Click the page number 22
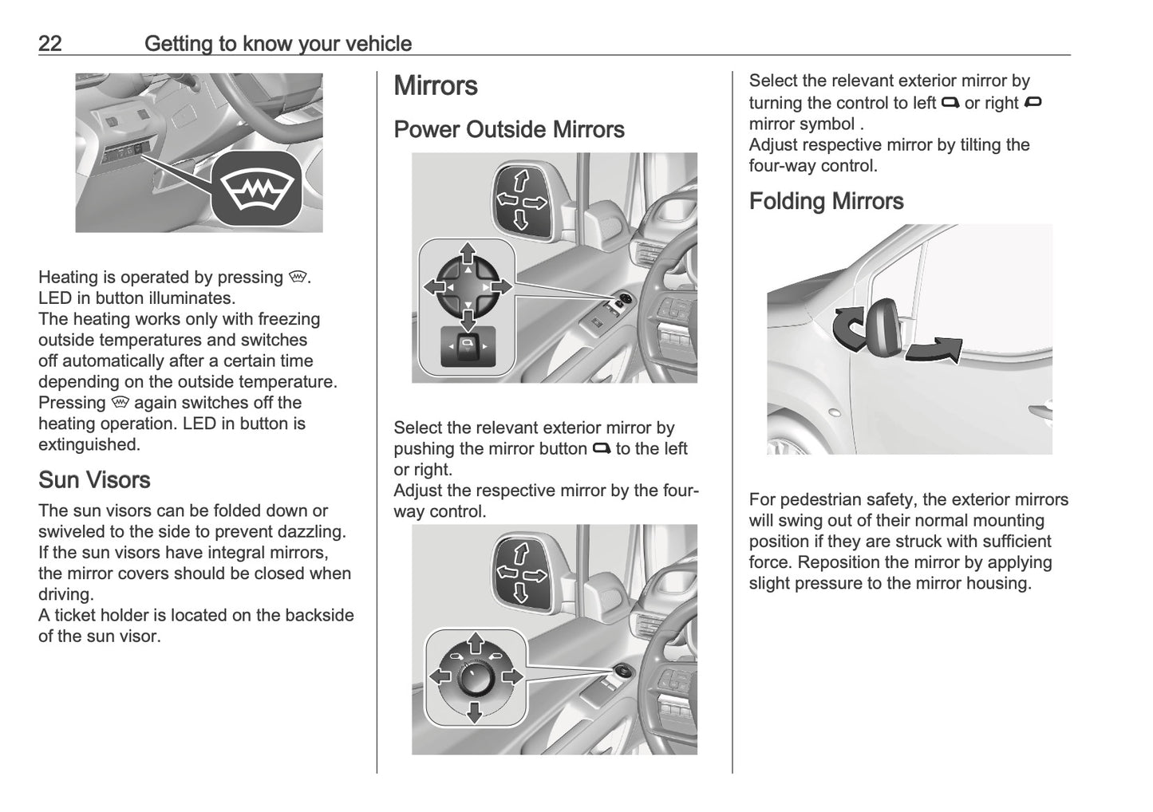click(49, 43)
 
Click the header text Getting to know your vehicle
click(278, 43)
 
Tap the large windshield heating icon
click(256, 189)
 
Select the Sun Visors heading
click(94, 480)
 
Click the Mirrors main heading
click(436, 86)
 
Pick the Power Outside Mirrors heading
click(508, 130)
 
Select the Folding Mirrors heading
click(826, 201)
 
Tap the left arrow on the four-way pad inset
click(434, 286)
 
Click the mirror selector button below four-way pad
click(468, 346)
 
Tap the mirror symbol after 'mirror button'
click(601, 449)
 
